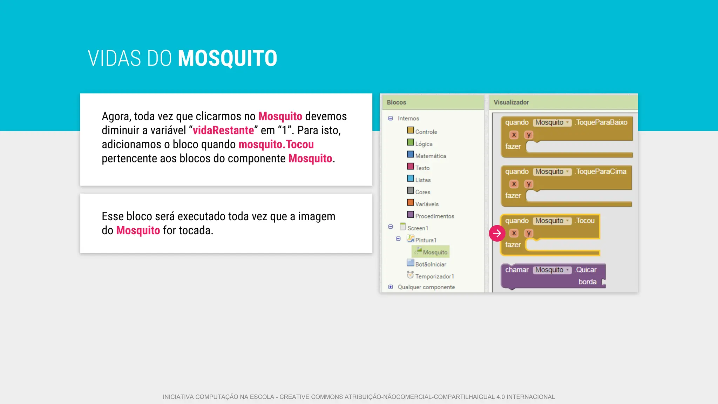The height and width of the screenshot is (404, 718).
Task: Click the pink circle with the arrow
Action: click(x=497, y=233)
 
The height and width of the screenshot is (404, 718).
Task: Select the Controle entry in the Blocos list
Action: click(x=426, y=132)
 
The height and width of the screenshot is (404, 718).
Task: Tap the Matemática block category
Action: click(x=431, y=156)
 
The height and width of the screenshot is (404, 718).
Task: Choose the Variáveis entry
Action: click(x=427, y=204)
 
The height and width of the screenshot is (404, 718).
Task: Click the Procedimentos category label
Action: click(x=434, y=216)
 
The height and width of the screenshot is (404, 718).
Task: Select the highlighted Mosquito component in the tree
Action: click(x=435, y=252)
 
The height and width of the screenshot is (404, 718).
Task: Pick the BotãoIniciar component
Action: click(x=431, y=264)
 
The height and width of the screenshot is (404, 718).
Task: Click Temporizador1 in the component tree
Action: click(x=434, y=276)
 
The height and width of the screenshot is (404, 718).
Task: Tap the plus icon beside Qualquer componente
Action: click(x=391, y=287)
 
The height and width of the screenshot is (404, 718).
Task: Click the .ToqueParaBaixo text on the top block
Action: click(x=601, y=122)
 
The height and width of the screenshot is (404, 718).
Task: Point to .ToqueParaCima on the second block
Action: click(x=601, y=171)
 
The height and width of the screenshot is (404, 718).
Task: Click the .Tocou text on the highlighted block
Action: click(x=585, y=221)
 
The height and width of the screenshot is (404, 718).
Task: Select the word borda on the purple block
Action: click(x=587, y=282)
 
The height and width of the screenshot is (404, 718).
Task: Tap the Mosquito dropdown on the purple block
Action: click(x=552, y=270)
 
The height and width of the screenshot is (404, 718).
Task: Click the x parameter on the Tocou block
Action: click(x=514, y=233)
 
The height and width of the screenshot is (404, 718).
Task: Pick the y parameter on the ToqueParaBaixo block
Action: click(x=529, y=135)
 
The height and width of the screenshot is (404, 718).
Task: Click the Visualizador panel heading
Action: click(x=511, y=102)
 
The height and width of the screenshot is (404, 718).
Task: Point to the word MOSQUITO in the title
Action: click(x=228, y=58)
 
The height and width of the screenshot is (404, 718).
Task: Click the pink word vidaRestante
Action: click(x=223, y=130)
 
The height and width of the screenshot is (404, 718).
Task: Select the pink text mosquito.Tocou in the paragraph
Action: click(x=276, y=144)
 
